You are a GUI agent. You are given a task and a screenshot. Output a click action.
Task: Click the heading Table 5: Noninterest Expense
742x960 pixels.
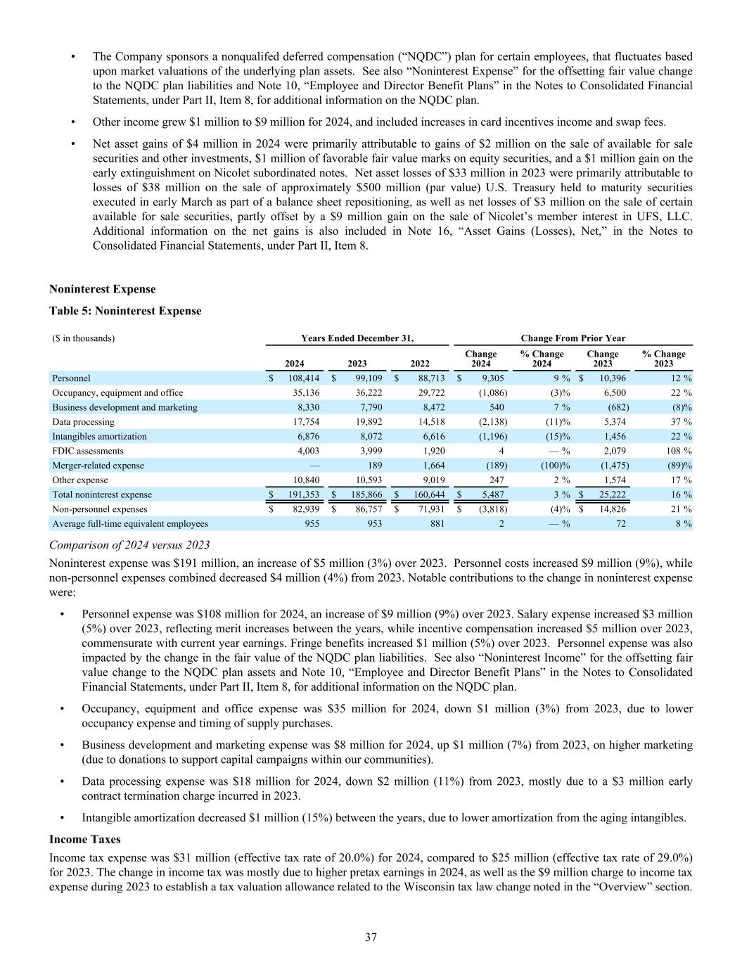pos(125,311)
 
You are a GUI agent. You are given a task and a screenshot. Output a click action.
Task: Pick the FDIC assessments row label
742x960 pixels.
pos(88,451)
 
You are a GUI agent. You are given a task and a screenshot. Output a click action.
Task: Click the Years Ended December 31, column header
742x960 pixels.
pos(357,338)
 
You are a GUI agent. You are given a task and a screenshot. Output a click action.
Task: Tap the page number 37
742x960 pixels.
pos(371,937)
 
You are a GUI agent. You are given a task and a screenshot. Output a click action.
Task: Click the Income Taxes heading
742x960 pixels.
pos(84,840)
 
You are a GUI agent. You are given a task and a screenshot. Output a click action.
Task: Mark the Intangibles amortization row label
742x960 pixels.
pos(99,436)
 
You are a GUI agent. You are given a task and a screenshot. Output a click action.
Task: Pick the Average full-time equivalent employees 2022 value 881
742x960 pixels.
pos(436,523)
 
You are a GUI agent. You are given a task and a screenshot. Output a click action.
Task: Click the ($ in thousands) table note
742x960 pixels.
pos(84,338)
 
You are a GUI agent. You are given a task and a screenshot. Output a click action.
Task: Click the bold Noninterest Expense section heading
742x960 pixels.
pos(102,289)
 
